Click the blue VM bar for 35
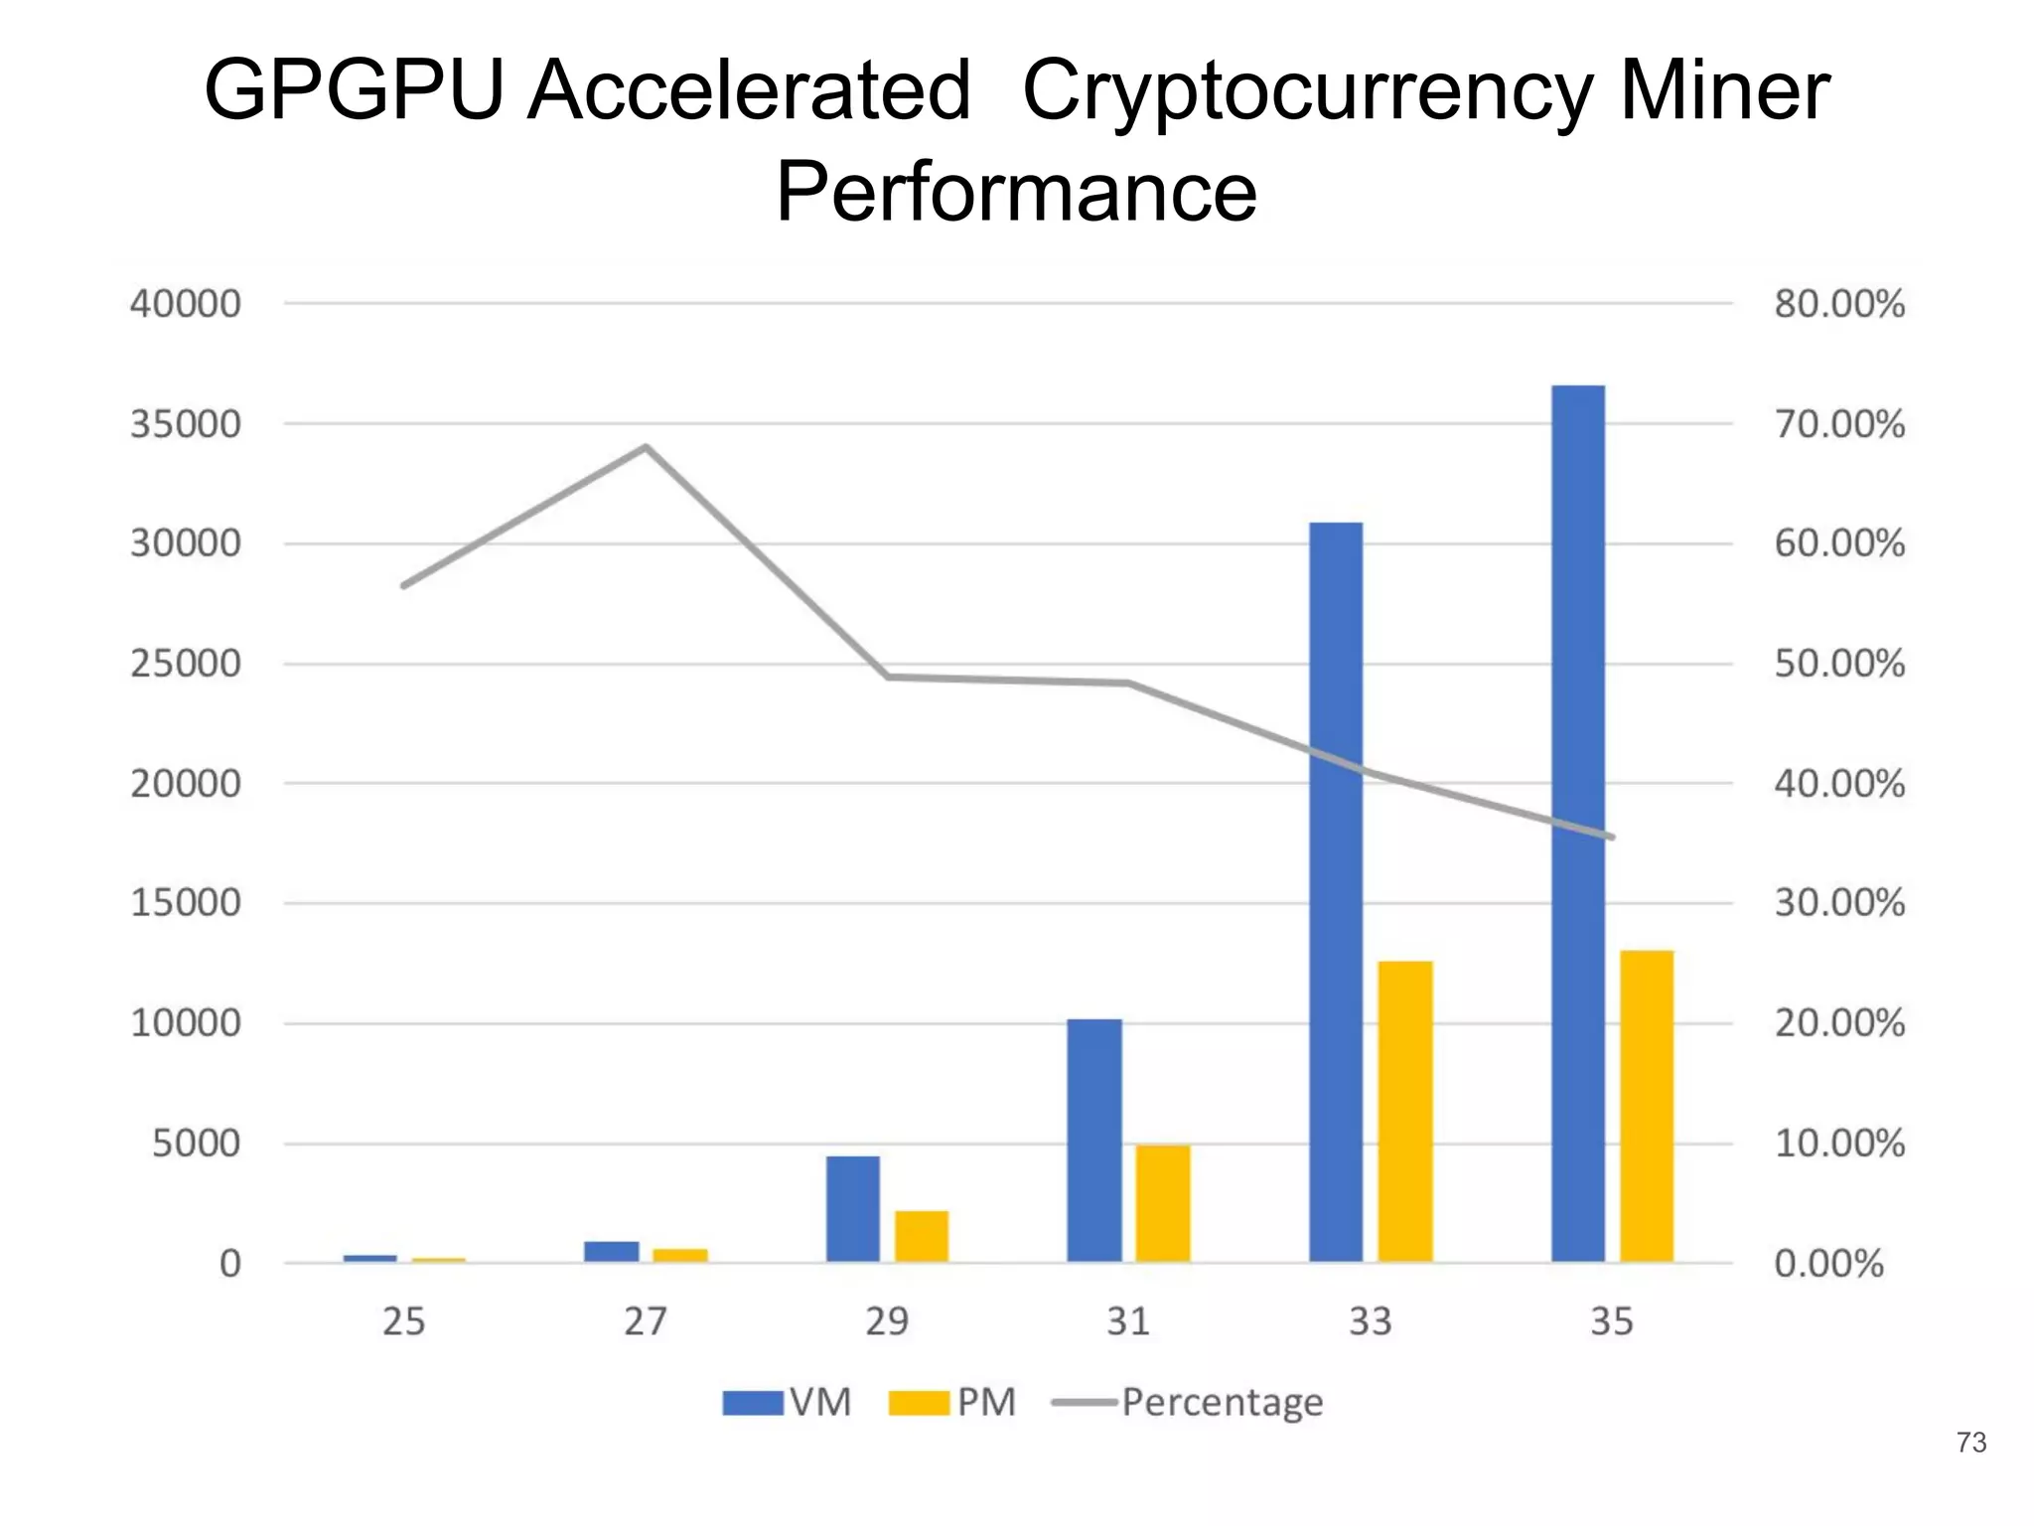point(1578,825)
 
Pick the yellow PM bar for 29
point(922,1236)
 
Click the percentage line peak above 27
point(646,447)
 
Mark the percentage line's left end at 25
point(404,586)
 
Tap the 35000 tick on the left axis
point(186,424)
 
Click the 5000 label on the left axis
point(196,1144)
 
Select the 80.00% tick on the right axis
point(1839,304)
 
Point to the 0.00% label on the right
point(1828,1264)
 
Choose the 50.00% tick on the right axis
point(1839,664)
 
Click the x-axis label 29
point(887,1321)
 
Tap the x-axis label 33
point(1371,1321)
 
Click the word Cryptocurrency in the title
point(1306,91)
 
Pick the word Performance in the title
point(1016,191)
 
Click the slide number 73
point(1970,1442)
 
